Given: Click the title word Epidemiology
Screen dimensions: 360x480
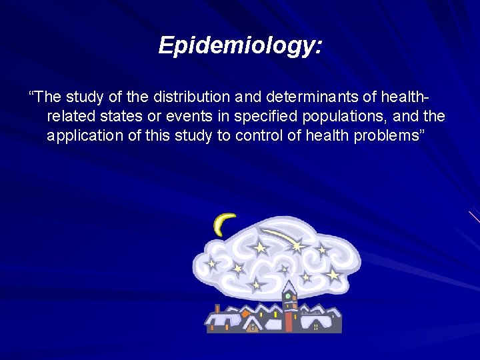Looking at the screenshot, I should (240, 45).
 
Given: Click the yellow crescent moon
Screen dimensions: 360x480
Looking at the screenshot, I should (223, 224).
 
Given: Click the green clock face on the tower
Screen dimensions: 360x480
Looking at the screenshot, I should (289, 295).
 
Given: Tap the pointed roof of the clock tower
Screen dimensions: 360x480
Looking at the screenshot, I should (289, 285).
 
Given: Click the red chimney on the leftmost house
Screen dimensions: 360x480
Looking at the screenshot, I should (216, 308).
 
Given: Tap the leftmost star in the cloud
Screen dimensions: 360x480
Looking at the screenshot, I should (212, 263).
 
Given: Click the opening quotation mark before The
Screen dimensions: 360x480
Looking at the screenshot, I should (31, 96).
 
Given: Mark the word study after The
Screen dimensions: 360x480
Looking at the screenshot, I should (76, 97).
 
